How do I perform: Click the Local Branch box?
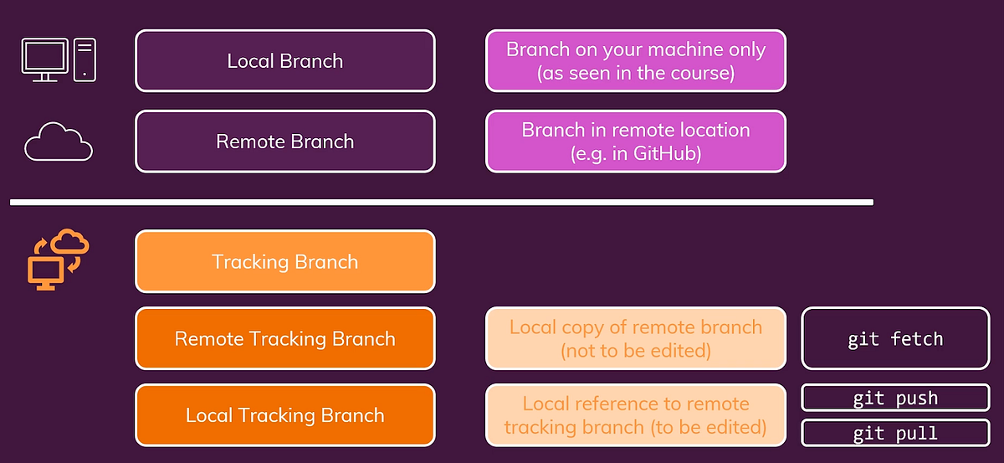284,61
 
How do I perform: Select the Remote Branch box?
284,141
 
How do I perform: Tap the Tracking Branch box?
284,262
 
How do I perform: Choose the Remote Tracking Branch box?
284,339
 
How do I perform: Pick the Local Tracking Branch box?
284,415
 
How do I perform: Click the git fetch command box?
895,339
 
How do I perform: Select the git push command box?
895,399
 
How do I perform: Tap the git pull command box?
895,434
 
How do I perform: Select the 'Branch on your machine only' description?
636,61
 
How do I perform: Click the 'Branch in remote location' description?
636,141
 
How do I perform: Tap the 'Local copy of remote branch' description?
636,339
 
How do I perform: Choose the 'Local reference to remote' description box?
636,415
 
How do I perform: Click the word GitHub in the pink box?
667,154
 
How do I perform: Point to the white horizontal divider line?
441,202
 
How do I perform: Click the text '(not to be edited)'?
636,351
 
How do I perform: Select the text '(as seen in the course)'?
636,73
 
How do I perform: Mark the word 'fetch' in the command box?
917,339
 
